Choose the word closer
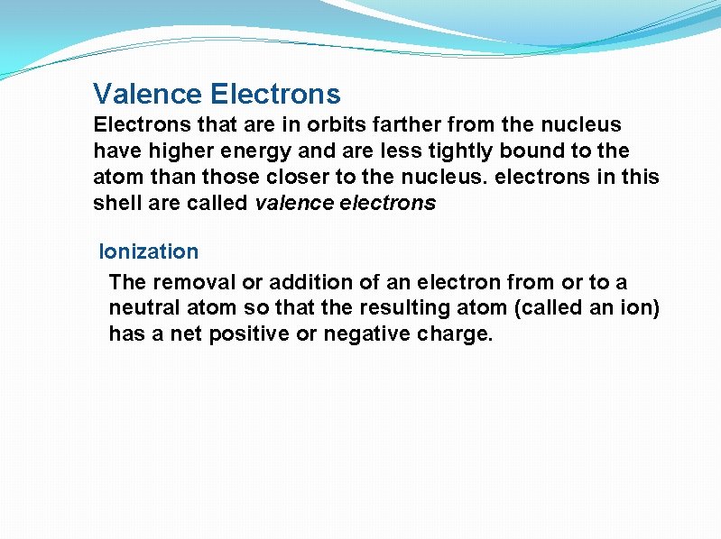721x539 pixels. pyautogui.click(x=321, y=177)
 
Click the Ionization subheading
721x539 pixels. pyautogui.click(x=148, y=251)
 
